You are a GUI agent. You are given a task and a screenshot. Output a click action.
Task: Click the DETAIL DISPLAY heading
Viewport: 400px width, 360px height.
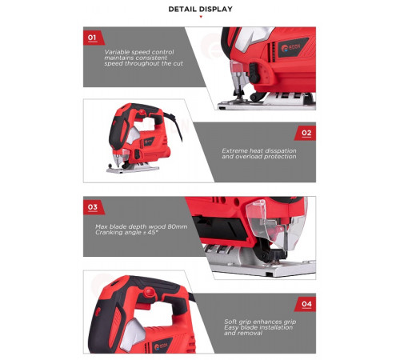(200, 9)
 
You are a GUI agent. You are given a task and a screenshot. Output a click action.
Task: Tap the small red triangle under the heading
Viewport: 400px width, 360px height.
(201, 17)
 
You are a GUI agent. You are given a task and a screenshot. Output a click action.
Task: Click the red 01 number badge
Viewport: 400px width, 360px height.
(94, 38)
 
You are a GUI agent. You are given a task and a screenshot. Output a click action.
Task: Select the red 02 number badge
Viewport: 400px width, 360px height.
(306, 133)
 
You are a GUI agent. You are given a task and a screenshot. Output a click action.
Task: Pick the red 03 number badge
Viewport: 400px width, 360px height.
(94, 207)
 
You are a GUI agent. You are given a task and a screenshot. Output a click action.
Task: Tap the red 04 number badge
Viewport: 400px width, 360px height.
(306, 304)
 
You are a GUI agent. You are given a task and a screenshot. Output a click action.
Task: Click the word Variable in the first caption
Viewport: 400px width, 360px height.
(117, 52)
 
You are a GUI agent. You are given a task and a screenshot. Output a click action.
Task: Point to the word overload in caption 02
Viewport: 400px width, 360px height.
(246, 157)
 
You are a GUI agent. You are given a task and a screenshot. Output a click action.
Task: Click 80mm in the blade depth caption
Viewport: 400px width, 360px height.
(178, 226)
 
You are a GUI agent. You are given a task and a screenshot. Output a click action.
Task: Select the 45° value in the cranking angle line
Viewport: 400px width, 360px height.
(153, 232)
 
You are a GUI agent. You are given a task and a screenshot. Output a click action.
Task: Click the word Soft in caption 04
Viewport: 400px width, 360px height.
(230, 322)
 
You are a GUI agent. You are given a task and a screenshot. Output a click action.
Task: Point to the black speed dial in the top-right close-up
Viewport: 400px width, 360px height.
(254, 73)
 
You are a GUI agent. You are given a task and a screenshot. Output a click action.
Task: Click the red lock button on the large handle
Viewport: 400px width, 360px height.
(149, 293)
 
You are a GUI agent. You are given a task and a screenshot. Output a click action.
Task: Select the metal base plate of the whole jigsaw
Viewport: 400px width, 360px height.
(133, 169)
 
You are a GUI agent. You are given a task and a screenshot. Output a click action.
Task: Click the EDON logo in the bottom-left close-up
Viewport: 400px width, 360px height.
(162, 346)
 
